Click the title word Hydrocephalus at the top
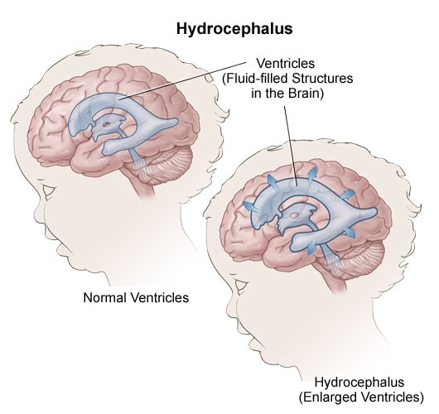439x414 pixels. pos(234,29)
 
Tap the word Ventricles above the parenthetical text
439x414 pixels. pos(286,63)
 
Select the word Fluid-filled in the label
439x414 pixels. pos(255,79)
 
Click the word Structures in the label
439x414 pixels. pos(322,79)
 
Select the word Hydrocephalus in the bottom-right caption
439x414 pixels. pos(359,383)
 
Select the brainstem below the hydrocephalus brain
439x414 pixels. pos(336,280)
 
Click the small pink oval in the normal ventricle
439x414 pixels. pos(106,123)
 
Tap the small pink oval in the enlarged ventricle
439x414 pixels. pos(294,215)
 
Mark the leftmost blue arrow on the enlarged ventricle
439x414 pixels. pos(251,207)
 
